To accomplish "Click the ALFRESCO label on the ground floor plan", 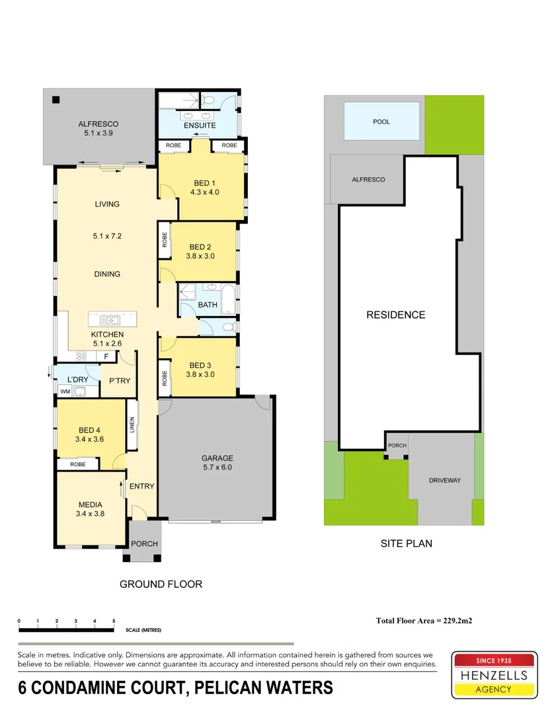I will (98, 124).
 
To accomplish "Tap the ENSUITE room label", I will (199, 126).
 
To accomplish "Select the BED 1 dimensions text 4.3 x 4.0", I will (204, 192).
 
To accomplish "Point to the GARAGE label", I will (217, 458).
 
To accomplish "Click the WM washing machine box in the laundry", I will (65, 391).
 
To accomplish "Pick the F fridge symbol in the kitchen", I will (106, 356).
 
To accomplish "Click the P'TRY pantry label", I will (119, 380).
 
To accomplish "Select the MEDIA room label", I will (91, 505).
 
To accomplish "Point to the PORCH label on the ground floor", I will (144, 544).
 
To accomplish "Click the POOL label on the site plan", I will (381, 122).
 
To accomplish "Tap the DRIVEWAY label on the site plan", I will (444, 480).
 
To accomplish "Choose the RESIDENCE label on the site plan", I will (396, 315).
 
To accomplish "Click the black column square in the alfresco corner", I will (56, 100).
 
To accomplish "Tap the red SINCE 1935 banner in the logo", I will (493, 660).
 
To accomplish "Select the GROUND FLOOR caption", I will (161, 584).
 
